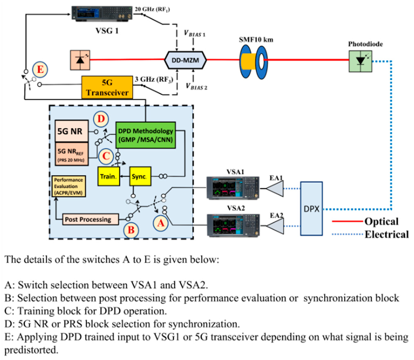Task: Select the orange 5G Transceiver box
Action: [x=107, y=87]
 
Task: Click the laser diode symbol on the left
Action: [x=80, y=60]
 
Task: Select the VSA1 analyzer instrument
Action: [x=232, y=188]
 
